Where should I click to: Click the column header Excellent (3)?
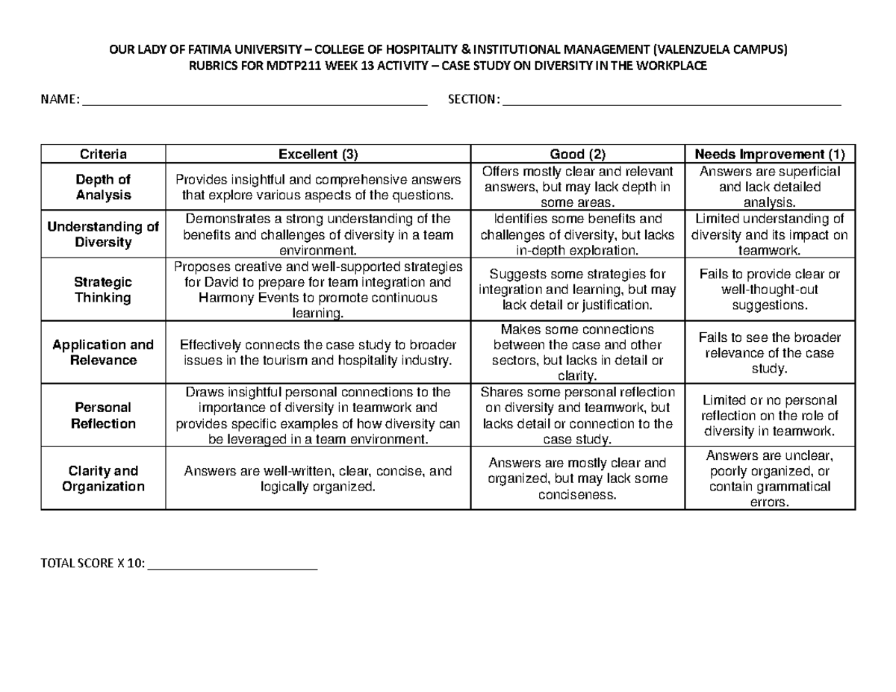click(318, 155)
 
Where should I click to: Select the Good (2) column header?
click(577, 155)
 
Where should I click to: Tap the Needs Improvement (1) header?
click(770, 155)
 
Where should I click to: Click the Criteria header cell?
click(103, 155)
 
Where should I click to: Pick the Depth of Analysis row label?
click(103, 187)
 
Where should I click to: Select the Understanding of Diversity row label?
click(103, 234)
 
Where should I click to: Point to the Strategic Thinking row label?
click(103, 290)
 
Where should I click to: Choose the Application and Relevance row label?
click(103, 352)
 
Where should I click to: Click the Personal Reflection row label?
click(103, 416)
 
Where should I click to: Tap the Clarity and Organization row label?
click(103, 479)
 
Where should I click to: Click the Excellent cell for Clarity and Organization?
click(318, 479)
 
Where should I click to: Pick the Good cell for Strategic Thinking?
click(577, 290)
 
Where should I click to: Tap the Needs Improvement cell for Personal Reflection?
click(770, 416)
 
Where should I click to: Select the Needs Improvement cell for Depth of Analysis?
click(770, 187)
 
